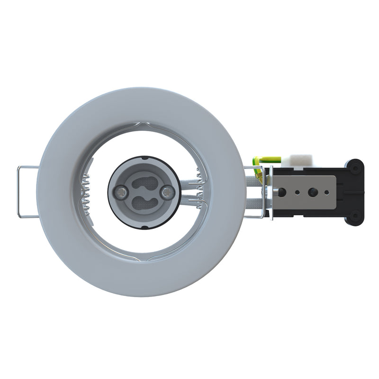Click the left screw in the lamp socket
point(121,192)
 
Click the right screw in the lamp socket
point(166,192)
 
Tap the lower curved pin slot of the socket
point(144,203)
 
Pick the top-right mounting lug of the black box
point(355,166)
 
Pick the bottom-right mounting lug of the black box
point(355,217)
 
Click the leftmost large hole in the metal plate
point(282,192)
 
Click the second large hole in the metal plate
point(312,192)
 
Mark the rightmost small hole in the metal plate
point(326,192)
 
